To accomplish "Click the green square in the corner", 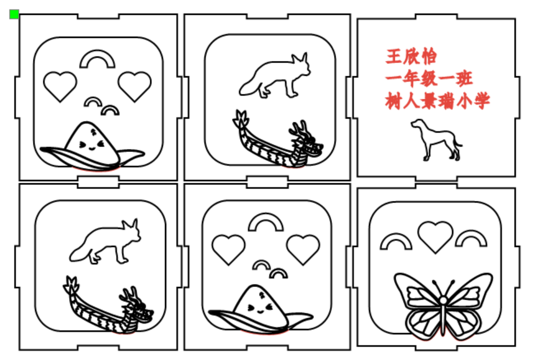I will click(14, 14).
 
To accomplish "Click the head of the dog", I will click(418, 124).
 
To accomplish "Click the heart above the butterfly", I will click(435, 236).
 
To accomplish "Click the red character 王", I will click(394, 57).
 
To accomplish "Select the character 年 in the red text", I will click(412, 78).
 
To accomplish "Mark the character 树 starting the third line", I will click(394, 101).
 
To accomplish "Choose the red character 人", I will click(412, 101).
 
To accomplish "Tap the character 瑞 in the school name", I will click(446, 101).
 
